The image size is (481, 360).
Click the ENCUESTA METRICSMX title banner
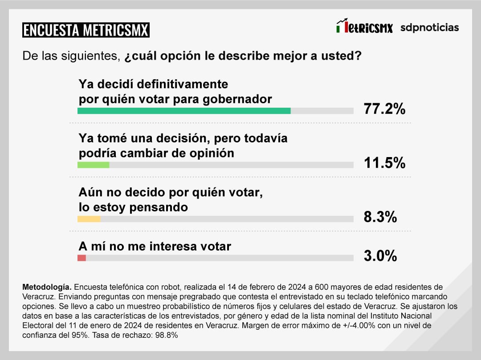[x=86, y=30]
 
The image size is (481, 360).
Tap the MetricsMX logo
[x=364, y=27]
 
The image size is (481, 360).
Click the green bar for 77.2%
[x=184, y=111]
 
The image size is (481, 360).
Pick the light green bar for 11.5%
[x=94, y=165]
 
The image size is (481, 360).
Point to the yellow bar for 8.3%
[x=89, y=219]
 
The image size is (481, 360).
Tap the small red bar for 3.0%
[x=82, y=258]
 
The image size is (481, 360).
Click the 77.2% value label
[x=385, y=109]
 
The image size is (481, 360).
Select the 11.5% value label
[x=385, y=163]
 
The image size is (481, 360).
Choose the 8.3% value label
[x=380, y=217]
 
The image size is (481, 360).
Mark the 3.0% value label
[x=380, y=256]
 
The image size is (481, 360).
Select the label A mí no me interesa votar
[x=155, y=246]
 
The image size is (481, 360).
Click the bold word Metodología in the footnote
[x=46, y=287]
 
